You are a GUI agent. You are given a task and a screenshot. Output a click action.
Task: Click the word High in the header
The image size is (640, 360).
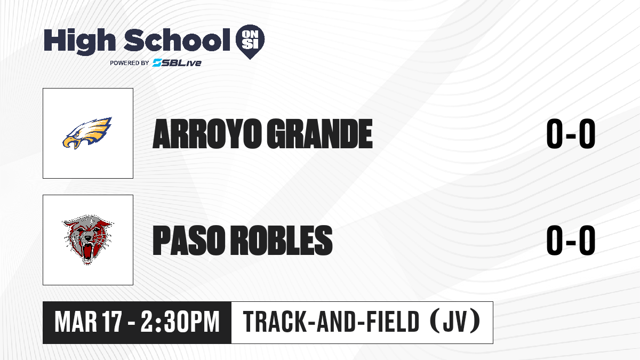[x=79, y=41]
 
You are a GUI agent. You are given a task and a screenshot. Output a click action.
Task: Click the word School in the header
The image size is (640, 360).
[x=177, y=39]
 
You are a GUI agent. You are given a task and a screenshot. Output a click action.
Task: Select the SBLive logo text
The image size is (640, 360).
[x=177, y=62]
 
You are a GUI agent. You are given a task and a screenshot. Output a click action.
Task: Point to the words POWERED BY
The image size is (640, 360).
[x=130, y=63]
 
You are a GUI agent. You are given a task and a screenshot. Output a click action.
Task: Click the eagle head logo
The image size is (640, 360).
[x=87, y=133]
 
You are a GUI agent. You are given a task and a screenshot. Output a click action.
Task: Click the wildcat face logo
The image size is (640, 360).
[x=87, y=239]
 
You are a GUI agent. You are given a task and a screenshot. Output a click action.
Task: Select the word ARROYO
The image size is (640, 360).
[x=207, y=134]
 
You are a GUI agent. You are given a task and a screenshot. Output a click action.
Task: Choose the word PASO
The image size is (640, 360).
[x=189, y=240]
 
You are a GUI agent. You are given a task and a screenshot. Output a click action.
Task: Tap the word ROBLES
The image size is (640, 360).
[x=282, y=240]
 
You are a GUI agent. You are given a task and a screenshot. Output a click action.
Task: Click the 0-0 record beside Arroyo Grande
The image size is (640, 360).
[x=571, y=134]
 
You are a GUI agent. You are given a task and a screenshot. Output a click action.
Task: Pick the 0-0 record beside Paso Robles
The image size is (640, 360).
[x=571, y=240]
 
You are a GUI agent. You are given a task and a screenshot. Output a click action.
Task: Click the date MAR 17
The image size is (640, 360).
[x=89, y=322]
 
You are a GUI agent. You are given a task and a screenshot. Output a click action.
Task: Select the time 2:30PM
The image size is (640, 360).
[x=180, y=322]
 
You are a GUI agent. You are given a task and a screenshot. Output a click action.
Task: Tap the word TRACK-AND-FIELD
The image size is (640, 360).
[x=331, y=322]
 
